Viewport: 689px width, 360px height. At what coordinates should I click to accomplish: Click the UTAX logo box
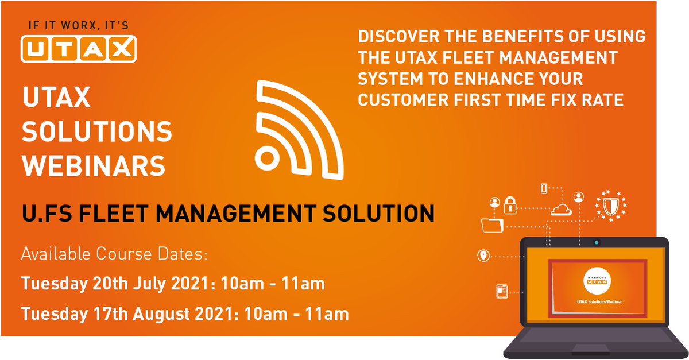pos(79,48)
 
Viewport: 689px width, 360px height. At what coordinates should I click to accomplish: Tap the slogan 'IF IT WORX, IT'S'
pos(78,26)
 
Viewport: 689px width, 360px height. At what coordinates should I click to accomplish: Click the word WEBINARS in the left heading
pos(94,167)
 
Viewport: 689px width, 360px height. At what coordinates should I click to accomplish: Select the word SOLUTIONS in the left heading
pos(97,133)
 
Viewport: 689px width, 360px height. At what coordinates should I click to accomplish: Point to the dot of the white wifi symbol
pos(266,158)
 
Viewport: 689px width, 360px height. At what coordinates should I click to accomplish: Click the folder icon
pos(493,224)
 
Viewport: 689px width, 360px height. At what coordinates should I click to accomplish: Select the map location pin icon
pos(483,256)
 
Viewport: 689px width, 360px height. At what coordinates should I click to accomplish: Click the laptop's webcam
pos(597,242)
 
